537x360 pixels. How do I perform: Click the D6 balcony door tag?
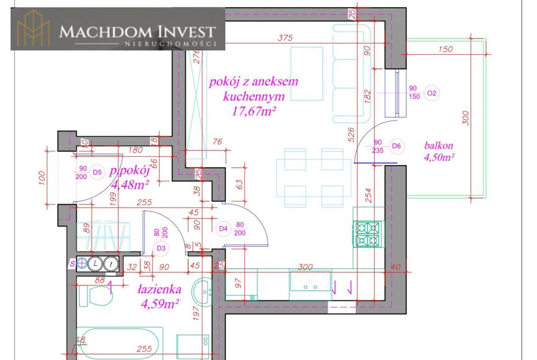[x=396, y=146]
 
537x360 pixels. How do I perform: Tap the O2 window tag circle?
[x=432, y=93]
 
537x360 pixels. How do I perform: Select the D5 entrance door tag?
[x=97, y=172]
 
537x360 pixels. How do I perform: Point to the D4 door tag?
[x=224, y=228]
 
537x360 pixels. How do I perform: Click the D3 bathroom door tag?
[x=161, y=248]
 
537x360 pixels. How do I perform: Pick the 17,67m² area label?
[x=254, y=111]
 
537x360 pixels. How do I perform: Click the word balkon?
[x=439, y=145]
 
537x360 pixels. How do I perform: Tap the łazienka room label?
[x=159, y=289]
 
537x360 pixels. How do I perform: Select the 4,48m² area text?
[x=130, y=185]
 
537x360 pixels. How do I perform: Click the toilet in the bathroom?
[x=95, y=296]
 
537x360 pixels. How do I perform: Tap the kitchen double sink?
[x=311, y=281]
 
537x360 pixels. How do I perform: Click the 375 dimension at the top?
[x=285, y=38]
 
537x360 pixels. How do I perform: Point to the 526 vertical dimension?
[x=350, y=135]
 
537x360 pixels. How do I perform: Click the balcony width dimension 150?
[x=446, y=49]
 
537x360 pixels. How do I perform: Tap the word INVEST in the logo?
[x=187, y=32]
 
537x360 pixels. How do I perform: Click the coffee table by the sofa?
[x=307, y=73]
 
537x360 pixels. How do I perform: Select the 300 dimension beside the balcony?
[x=465, y=118]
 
